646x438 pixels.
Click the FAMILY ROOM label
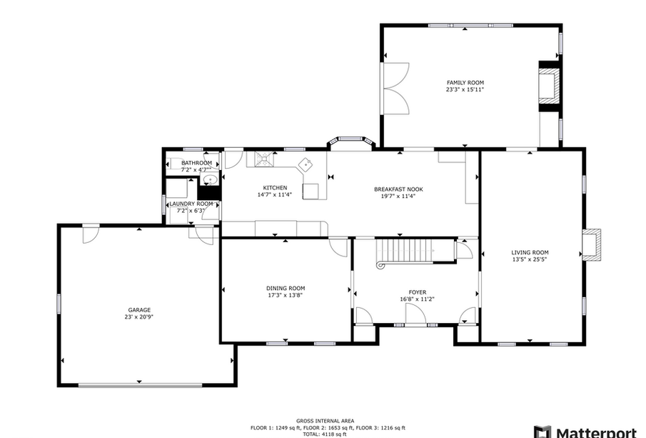[x=465, y=82]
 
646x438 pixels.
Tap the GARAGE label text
[x=139, y=310]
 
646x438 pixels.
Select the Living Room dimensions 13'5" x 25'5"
[x=530, y=259]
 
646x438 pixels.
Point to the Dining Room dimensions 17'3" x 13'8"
[x=286, y=295]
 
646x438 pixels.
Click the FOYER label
[x=418, y=292]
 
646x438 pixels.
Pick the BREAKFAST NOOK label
[x=398, y=189]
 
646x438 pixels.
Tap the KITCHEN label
[x=275, y=188]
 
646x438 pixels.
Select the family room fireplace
[x=550, y=86]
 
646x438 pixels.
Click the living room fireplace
[x=592, y=244]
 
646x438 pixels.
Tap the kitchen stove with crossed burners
[x=263, y=159]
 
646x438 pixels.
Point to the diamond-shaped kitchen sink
[x=306, y=164]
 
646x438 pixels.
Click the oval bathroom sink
[x=211, y=180]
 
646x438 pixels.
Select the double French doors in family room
[x=394, y=89]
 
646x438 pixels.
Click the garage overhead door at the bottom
[x=140, y=386]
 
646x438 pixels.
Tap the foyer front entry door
[x=415, y=314]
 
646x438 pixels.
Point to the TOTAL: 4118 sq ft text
[x=325, y=434]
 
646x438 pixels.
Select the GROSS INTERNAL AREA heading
[x=325, y=421]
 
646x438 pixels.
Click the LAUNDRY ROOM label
[x=191, y=204]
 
